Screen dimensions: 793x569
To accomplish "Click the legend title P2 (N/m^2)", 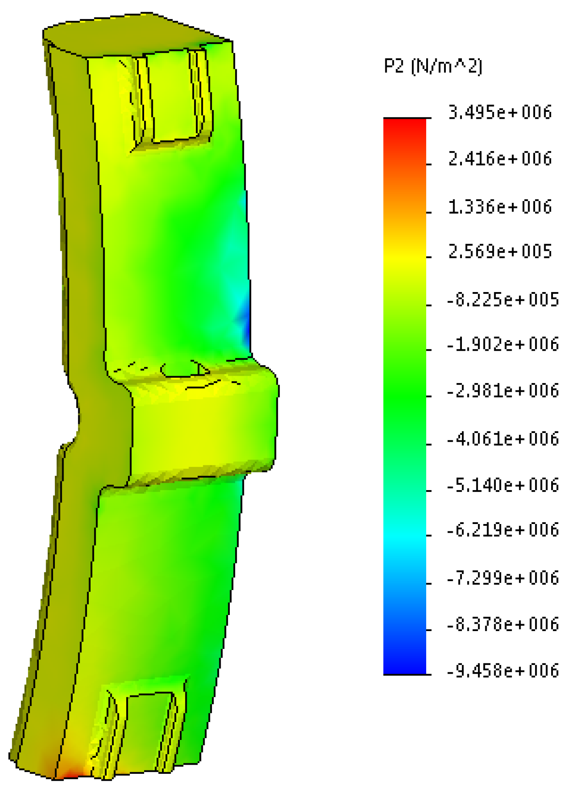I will tap(433, 67).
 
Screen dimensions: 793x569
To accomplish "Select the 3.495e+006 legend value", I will tap(500, 113).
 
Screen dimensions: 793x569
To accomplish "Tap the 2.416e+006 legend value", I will tap(500, 159).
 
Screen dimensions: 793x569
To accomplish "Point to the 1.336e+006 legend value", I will tap(500, 206).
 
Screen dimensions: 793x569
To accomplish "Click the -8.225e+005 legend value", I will tap(503, 300).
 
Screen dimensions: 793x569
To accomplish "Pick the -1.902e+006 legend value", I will tap(503, 345).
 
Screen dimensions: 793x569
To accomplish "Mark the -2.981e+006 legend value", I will tap(503, 391).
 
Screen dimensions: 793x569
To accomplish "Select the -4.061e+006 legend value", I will tap(503, 439).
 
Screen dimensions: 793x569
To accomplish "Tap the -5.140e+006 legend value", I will tap(503, 485).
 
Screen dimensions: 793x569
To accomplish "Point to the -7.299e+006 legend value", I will tap(503, 578).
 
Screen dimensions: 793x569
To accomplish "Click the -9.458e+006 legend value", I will tap(503, 671).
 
